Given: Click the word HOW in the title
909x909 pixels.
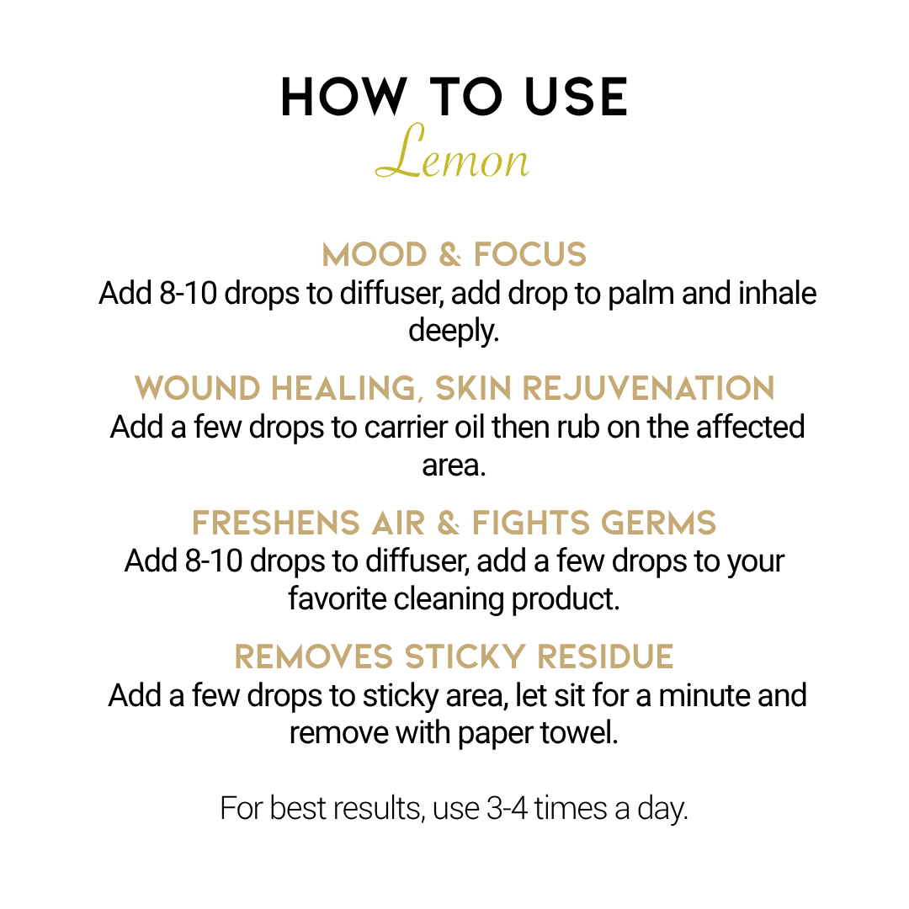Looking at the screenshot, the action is pos(343,97).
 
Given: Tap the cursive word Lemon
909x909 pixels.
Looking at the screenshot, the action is pos(453,151).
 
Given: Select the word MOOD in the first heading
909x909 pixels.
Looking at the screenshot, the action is pos(375,255).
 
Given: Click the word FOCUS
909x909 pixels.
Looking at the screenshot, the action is pos(530,255).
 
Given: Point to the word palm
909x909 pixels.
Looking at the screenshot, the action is pos(641,294).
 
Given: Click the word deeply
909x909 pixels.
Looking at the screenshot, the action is pos(454,332).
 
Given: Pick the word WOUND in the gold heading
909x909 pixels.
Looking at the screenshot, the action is pos(197,388).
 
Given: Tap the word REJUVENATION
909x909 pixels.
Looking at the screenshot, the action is pos(649,388).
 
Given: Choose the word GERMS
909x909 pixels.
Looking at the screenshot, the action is pos(658,523).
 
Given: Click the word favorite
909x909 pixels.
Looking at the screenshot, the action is pos(338,599).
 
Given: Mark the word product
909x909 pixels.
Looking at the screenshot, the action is pos(566,599).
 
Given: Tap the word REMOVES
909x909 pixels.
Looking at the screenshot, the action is pos(314,656).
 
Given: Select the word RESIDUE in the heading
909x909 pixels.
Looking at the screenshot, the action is pos(605,656).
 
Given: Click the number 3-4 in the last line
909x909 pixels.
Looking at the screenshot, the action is pos(508,808).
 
